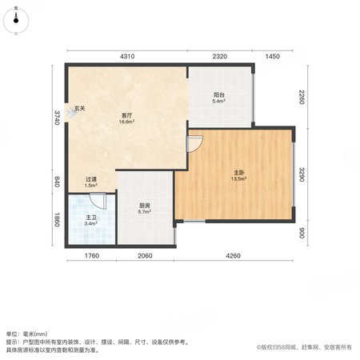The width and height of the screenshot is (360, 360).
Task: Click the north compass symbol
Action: (x=16, y=21)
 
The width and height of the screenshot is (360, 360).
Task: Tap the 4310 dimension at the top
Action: (x=127, y=56)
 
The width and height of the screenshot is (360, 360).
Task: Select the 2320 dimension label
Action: (x=220, y=56)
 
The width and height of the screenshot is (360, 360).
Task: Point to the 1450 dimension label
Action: (x=273, y=56)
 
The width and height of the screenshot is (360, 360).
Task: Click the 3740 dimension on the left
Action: (x=57, y=118)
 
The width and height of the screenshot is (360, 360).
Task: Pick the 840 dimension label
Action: (x=57, y=182)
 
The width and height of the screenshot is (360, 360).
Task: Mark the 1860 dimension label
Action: (x=57, y=220)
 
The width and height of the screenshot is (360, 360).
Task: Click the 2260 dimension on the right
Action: (x=302, y=97)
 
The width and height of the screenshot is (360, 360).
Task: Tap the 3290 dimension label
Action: (x=302, y=174)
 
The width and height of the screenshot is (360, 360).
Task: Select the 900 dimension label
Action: (x=302, y=233)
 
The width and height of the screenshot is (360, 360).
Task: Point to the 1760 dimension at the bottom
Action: (x=92, y=256)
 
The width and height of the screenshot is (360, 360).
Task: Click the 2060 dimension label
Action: (x=145, y=256)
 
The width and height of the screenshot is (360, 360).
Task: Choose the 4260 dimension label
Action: (x=233, y=256)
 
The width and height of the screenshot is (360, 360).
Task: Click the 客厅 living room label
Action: (x=126, y=115)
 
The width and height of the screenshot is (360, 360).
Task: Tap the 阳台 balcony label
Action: (x=219, y=94)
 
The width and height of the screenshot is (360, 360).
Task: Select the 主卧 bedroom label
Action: (x=238, y=173)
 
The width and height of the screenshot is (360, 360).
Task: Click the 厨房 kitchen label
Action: (x=145, y=206)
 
